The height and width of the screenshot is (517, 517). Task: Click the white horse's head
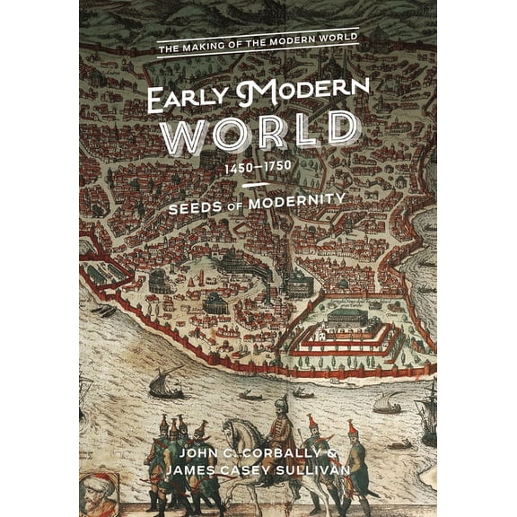coord(231,432)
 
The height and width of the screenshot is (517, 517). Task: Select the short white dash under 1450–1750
coord(257,184)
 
